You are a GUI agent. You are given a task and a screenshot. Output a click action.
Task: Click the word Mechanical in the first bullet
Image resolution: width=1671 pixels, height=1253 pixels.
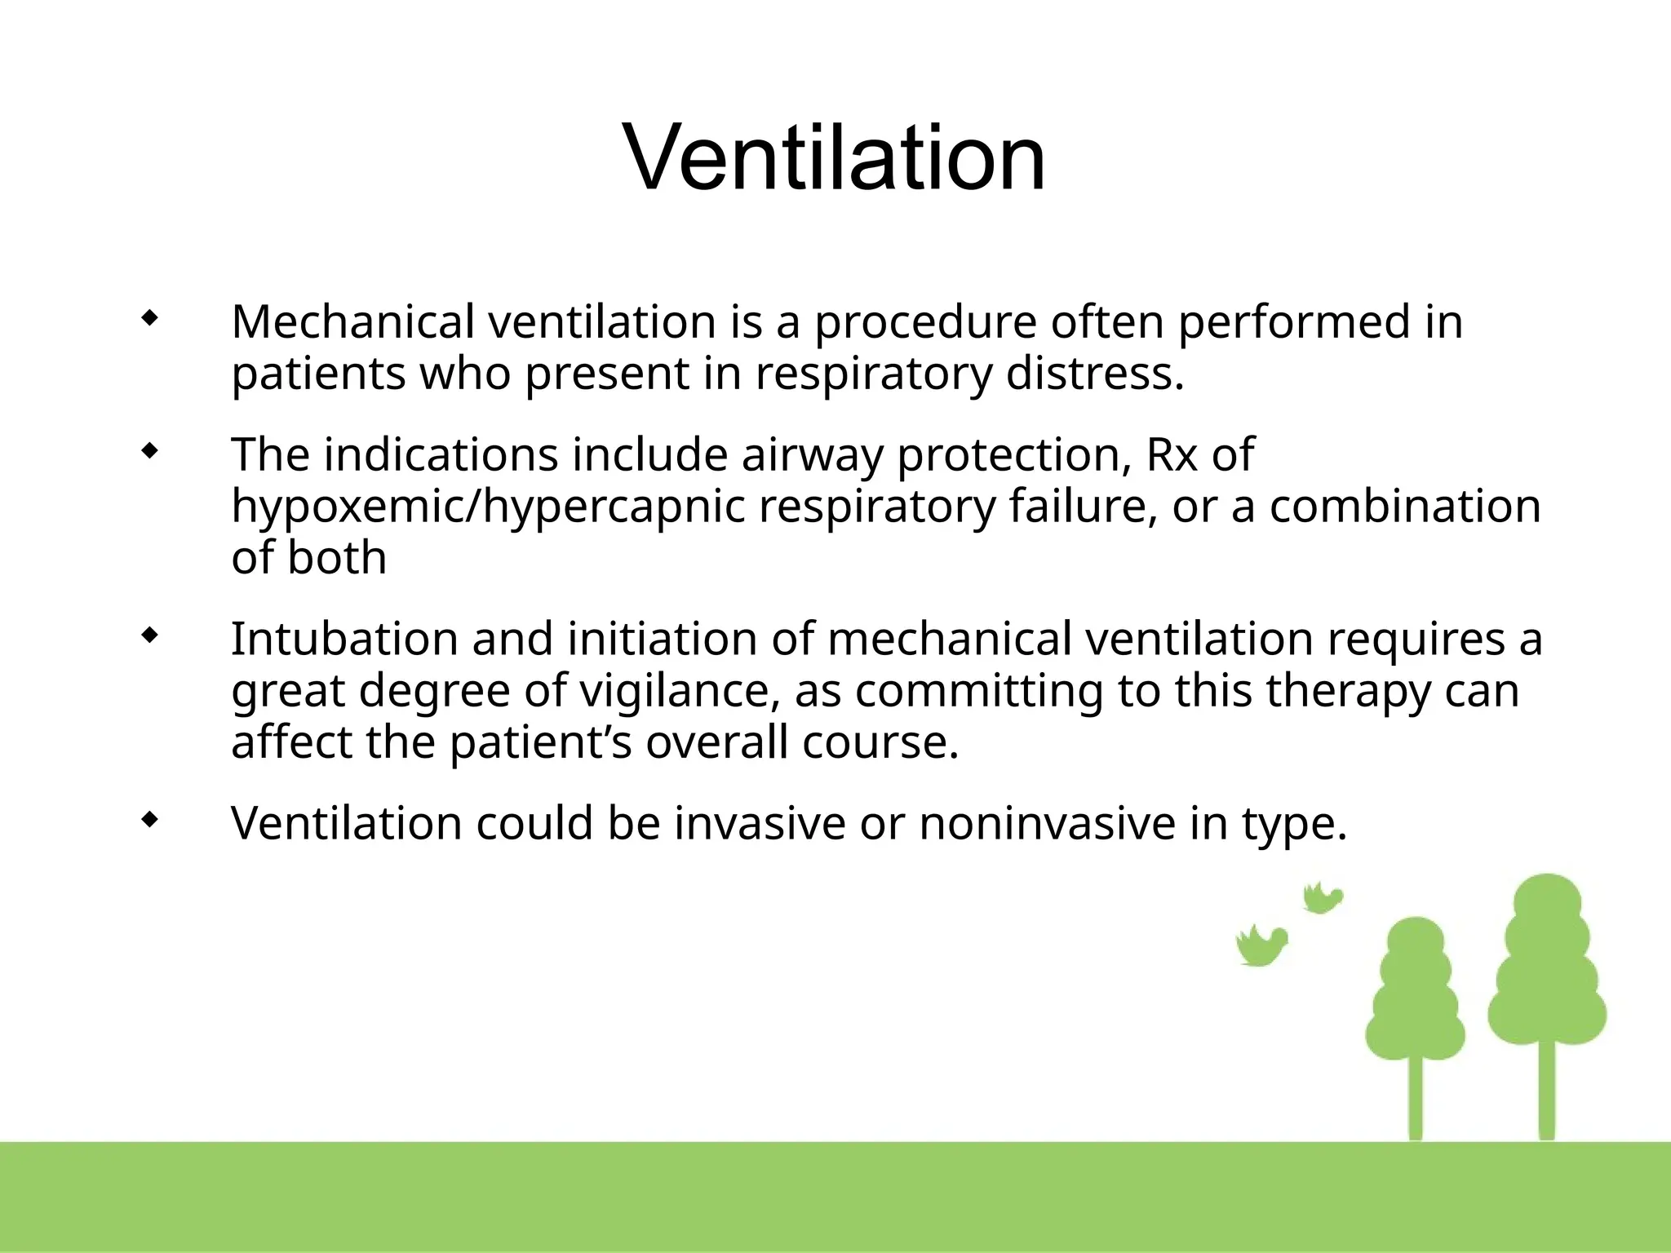352,321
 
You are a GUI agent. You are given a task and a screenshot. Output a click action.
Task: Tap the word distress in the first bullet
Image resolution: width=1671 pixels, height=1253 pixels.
1093,374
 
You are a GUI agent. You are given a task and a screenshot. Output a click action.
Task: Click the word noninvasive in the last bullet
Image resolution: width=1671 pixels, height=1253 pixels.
1047,822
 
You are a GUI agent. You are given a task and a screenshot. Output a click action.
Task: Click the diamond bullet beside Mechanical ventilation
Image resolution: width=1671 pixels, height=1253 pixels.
148,319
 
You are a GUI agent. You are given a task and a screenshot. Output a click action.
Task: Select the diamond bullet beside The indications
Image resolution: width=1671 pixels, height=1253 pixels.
148,451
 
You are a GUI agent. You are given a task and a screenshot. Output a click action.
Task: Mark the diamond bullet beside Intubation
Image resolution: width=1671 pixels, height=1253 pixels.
148,635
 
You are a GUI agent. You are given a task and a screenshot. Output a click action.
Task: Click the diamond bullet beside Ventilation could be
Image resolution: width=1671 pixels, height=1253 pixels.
148,820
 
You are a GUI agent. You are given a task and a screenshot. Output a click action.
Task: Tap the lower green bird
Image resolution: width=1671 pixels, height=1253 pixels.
1261,946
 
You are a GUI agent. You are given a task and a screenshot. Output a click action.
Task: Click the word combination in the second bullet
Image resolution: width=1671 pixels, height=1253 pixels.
1404,507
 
